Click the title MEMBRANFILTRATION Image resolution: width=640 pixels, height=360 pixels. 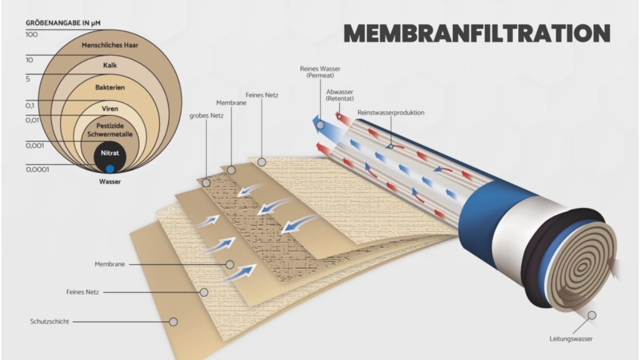(477, 33)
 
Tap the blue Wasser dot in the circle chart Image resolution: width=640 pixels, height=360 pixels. (110, 169)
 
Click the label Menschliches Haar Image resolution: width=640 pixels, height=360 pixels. (110, 45)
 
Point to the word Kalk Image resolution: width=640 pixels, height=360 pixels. (110, 65)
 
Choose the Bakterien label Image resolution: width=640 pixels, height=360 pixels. (110, 87)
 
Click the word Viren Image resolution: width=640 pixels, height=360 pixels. (110, 109)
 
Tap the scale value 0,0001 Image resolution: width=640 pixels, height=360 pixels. (37, 169)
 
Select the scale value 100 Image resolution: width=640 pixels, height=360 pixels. (31, 35)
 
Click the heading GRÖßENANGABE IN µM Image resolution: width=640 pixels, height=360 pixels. (63, 23)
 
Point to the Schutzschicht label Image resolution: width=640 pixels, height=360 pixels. (49, 322)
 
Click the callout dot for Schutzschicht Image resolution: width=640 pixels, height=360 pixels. (174, 322)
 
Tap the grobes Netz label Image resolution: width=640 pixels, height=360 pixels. (206, 116)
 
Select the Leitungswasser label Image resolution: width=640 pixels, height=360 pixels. (571, 339)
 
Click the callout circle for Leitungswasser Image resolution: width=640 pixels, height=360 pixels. (592, 315)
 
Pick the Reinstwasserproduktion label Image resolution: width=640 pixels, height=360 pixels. (391, 112)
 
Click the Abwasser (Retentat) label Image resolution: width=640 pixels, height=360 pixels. (339, 95)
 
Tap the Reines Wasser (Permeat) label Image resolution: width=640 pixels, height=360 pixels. (320, 72)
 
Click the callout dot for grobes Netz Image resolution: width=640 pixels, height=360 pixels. (206, 183)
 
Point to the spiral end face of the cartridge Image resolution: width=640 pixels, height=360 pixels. (582, 266)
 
